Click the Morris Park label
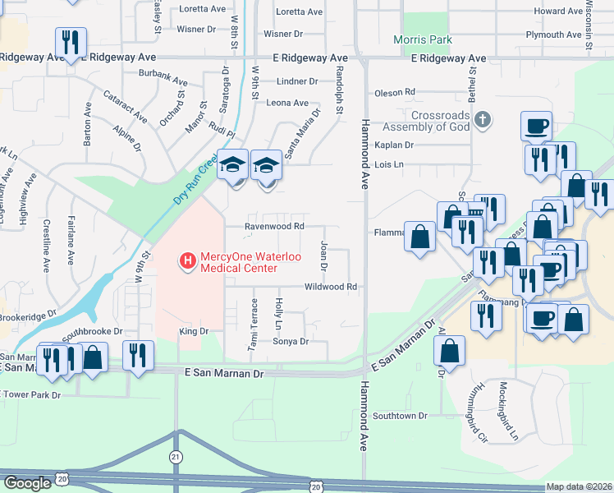pos(423,39)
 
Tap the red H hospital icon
pos(187,262)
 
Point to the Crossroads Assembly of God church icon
pos(483,121)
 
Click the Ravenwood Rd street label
pos(275,226)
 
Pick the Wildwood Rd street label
pos(331,287)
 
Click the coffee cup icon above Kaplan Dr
pos(535,126)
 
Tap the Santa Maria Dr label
pos(302,134)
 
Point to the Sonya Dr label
pos(291,341)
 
